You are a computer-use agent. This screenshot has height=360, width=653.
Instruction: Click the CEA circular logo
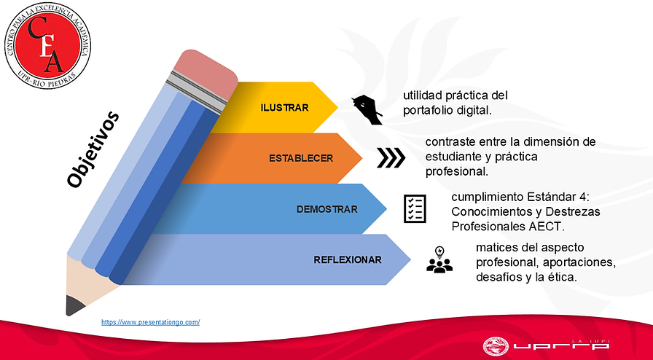click(47, 45)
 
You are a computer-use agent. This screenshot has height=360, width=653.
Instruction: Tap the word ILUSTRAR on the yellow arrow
click(284, 108)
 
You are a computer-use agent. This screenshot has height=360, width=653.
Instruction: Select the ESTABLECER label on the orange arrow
click(301, 158)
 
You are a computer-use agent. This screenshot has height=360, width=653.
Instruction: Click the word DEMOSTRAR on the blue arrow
click(327, 209)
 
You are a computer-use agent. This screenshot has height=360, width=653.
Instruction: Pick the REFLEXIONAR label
click(348, 259)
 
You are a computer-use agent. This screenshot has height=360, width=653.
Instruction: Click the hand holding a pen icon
click(367, 109)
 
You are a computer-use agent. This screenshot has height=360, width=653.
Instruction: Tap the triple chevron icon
click(391, 158)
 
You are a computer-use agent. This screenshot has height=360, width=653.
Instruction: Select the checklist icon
click(415, 208)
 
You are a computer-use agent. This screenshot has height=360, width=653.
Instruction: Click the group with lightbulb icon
click(439, 259)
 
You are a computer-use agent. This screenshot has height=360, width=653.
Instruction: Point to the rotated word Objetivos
click(93, 149)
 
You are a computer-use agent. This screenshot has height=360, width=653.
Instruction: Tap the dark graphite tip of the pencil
click(74, 305)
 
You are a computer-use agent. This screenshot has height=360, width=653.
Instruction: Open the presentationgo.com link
click(150, 322)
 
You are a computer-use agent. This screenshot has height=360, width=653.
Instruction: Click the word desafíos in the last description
click(497, 277)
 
